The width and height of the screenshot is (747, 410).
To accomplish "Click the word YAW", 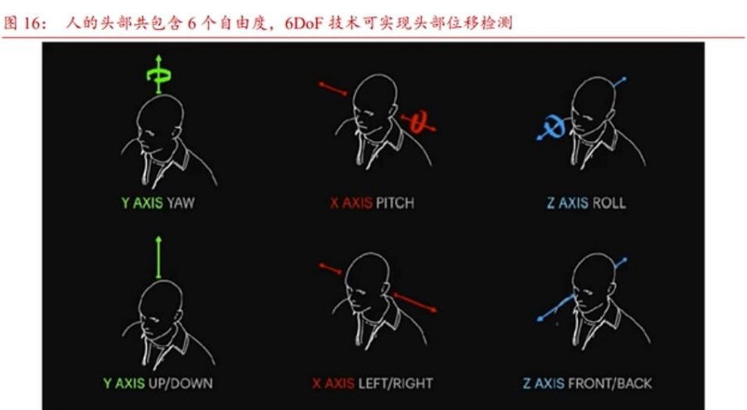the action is coord(181,203).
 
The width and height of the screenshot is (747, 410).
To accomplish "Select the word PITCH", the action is coord(395,203).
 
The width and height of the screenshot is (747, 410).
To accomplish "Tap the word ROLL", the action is coord(608,203).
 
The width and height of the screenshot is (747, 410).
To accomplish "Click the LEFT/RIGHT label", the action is coord(395,383).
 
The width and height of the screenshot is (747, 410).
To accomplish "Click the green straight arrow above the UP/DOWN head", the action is coord(159,257).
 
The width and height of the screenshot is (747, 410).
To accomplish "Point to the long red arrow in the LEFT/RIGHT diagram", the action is coord(414,302).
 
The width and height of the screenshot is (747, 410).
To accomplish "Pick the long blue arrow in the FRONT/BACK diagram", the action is coord(556,308).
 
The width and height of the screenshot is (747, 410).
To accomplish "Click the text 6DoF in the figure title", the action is coord(305,22).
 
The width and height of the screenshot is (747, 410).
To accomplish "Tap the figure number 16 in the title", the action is coord(32,23).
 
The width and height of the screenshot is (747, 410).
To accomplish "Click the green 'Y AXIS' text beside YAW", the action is coord(142,203).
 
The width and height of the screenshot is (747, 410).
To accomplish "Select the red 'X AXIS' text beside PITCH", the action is coord(351,203).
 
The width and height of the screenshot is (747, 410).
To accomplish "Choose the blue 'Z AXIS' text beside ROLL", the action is coord(568,203).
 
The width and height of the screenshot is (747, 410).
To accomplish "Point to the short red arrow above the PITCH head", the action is coord(333,89).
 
